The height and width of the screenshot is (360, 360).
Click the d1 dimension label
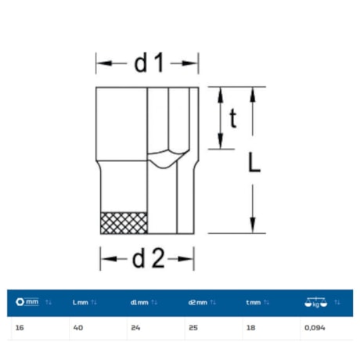(x=149, y=63)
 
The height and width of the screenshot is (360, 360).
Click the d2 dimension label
(x=148, y=258)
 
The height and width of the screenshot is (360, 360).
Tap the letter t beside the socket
(x=233, y=119)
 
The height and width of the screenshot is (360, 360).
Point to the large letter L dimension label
(x=254, y=162)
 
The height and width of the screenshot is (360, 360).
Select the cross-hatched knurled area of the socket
(x=124, y=223)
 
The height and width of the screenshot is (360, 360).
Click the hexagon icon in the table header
(x=20, y=302)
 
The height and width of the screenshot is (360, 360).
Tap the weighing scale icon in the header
(x=315, y=302)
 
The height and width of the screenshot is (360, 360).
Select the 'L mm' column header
(x=80, y=303)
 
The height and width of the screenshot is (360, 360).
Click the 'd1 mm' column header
(x=139, y=303)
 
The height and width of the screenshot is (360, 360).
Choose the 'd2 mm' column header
(x=197, y=303)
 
